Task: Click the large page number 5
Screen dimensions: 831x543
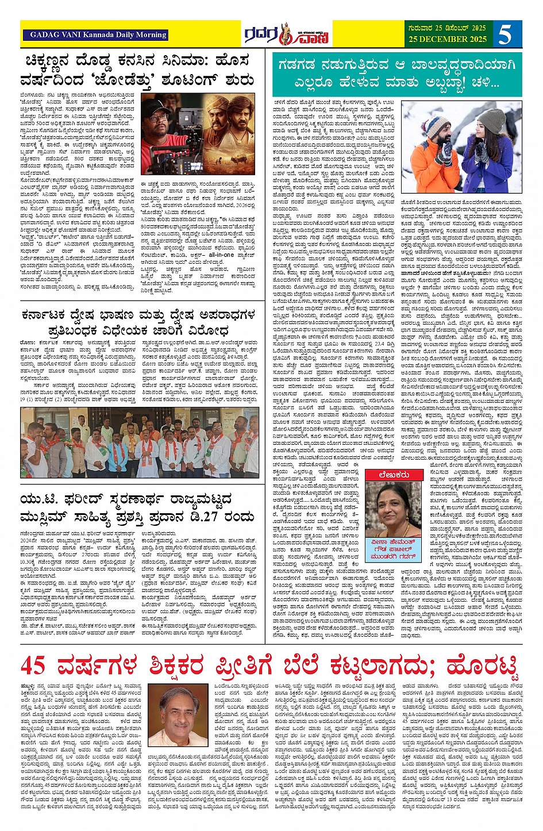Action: tap(505, 34)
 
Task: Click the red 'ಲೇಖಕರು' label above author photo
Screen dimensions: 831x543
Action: tap(394, 475)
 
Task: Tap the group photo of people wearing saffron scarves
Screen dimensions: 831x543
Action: tap(139, 443)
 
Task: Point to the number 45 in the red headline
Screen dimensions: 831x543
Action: tap(34, 665)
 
